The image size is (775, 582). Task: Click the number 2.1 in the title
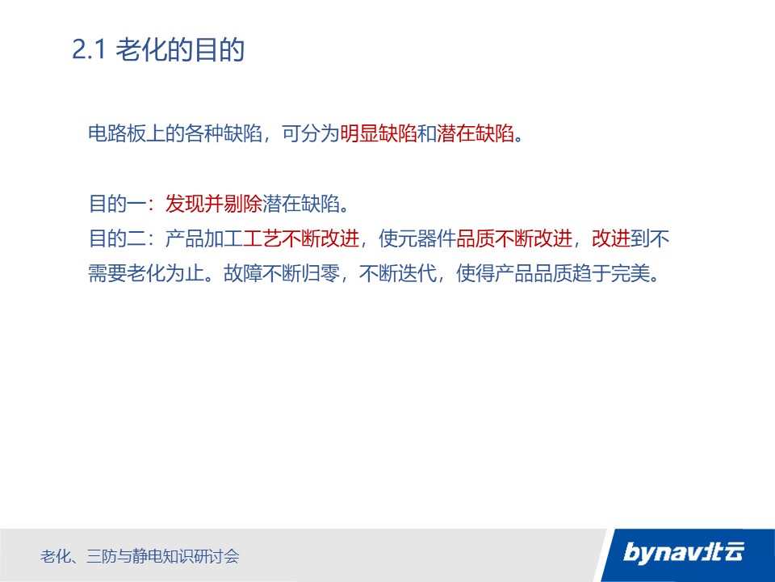tap(89, 49)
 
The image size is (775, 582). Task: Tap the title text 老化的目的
tap(180, 49)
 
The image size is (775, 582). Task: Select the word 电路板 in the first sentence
tap(116, 133)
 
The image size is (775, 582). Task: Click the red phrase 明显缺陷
tap(379, 133)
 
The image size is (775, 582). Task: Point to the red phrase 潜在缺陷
tap(475, 133)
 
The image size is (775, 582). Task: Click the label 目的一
tap(117, 204)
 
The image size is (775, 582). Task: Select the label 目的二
tap(117, 238)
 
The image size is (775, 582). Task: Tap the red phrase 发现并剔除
tap(213, 204)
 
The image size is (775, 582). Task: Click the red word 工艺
tap(262, 238)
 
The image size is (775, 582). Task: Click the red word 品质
tap(475, 238)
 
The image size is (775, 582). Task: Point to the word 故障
tap(243, 273)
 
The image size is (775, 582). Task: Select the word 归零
tap(320, 273)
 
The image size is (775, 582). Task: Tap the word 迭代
tap(417, 273)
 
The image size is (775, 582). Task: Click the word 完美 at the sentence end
tap(630, 273)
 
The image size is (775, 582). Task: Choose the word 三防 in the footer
tap(102, 556)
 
